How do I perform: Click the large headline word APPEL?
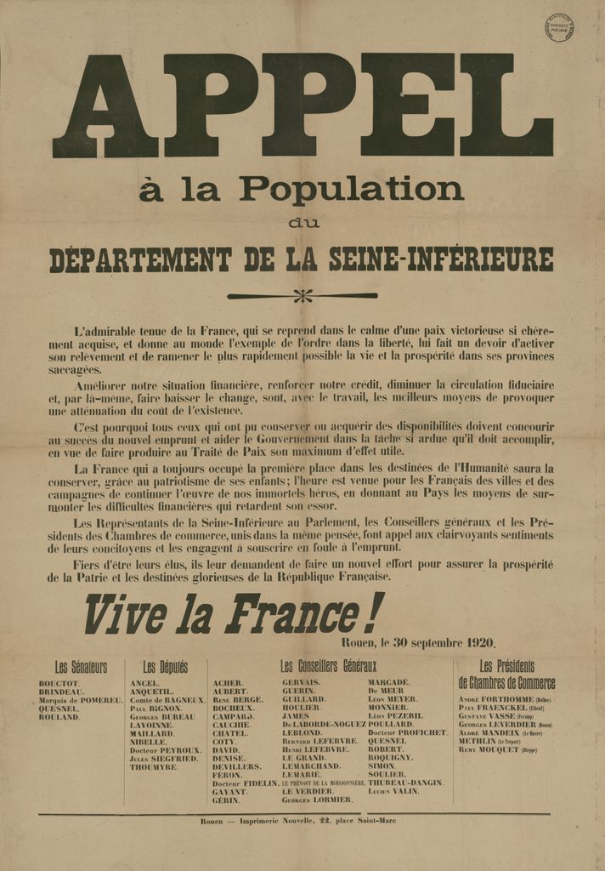tap(302, 105)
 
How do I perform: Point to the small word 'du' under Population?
tap(303, 224)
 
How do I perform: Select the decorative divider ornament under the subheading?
tap(302, 296)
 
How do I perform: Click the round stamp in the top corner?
tap(558, 27)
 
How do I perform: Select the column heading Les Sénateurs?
tap(81, 668)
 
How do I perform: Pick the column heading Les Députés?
tap(166, 668)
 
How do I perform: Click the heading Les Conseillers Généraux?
tap(328, 666)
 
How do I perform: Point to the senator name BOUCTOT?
tap(59, 684)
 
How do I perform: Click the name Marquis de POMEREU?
tap(81, 700)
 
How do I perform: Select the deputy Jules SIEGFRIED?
tap(165, 759)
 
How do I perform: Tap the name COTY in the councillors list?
tap(224, 742)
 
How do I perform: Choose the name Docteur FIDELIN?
tap(243, 783)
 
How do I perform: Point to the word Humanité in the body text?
tap(489, 467)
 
